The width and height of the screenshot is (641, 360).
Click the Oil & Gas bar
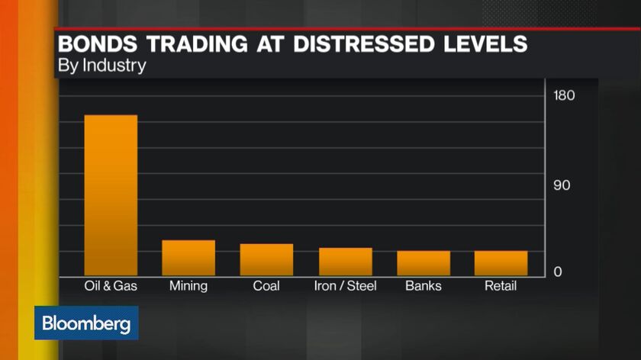coord(111,195)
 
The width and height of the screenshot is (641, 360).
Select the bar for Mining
coord(188,258)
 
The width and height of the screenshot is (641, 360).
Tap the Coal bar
coord(266,259)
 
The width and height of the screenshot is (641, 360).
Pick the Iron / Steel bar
coord(346,262)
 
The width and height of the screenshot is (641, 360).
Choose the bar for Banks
coord(424,263)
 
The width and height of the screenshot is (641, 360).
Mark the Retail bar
coord(501,263)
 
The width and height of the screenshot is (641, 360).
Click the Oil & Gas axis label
coord(110,286)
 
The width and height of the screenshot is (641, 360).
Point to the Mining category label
coord(188,286)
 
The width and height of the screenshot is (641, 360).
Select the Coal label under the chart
coord(266,286)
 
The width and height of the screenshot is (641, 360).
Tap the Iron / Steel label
coord(346,286)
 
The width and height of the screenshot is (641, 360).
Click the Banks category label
coord(424,286)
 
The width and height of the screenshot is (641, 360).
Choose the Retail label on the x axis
coord(501,286)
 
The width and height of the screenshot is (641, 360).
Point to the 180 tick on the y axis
coord(565,96)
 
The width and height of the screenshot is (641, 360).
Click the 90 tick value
coord(563,186)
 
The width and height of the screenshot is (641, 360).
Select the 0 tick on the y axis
coord(558,272)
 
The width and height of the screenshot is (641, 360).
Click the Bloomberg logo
coord(86,323)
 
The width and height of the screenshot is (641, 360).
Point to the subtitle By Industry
coord(101,66)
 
